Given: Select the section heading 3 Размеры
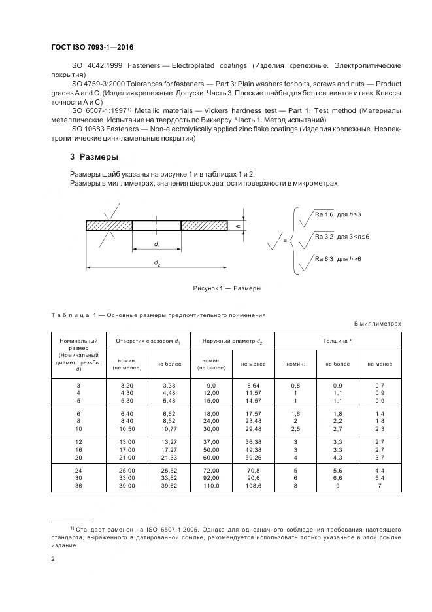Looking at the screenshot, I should click(x=94, y=157).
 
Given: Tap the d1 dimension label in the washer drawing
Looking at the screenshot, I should click(x=158, y=245).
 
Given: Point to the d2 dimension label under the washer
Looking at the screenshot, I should click(x=157, y=263).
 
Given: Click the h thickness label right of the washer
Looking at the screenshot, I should click(x=239, y=226).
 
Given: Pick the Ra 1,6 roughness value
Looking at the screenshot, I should click(x=324, y=214).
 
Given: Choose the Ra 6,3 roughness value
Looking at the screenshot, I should click(x=324, y=260).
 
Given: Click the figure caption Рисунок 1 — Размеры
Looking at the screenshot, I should click(x=226, y=288).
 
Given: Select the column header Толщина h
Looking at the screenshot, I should click(x=338, y=341).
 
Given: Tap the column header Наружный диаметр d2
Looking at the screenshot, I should click(x=232, y=341).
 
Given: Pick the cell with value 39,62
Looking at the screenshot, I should click(x=169, y=486).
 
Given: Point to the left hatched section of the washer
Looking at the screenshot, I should click(x=109, y=225).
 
